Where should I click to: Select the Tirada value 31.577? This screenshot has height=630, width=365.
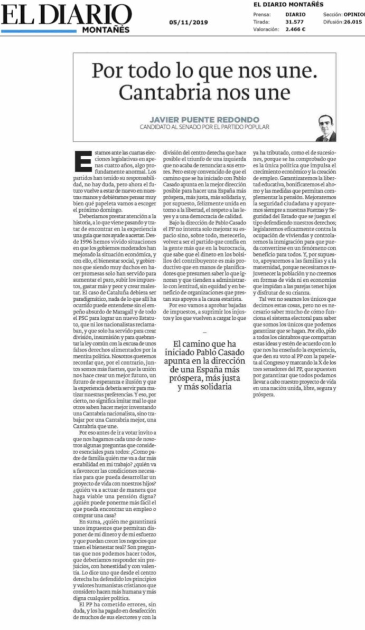pyautogui.click(x=294, y=22)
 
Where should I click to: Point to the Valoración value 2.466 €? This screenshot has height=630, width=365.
pyautogui.click(x=295, y=29)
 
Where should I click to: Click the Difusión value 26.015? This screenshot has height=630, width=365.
pyautogui.click(x=352, y=22)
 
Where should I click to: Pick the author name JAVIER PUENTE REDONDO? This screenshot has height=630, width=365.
pyautogui.click(x=204, y=119)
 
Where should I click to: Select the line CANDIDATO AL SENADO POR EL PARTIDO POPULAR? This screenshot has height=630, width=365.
pyautogui.click(x=204, y=127)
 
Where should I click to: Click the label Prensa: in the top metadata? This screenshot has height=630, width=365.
pyautogui.click(x=261, y=15)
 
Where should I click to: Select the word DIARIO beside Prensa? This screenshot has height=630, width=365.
pyautogui.click(x=295, y=15)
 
